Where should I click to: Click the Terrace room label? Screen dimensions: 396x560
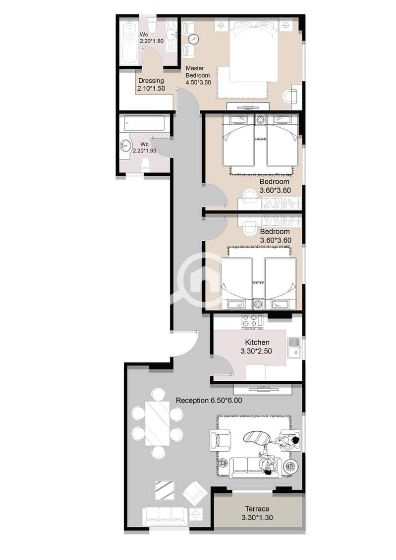tap(257, 513)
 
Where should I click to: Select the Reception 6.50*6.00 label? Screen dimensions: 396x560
tap(209, 401)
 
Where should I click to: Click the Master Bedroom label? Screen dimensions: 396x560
tap(198, 71)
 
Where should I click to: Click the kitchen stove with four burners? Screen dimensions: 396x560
tap(252, 321)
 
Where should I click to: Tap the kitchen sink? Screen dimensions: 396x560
tap(294, 348)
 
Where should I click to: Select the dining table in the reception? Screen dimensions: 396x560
tap(157, 423)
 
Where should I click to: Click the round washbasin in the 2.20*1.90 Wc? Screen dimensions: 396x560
tap(125, 146)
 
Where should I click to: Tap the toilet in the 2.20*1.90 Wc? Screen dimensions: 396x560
tap(145, 165)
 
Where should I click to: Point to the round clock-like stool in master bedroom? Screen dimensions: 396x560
tap(194, 39)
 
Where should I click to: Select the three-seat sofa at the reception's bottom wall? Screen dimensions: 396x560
tap(165, 516)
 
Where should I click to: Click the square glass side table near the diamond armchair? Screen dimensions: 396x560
tap(165, 491)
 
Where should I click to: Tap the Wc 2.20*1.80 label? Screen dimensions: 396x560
tap(152, 38)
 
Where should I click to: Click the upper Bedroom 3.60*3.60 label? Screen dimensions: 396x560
tap(275, 186)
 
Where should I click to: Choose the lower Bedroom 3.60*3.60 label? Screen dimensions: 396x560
tap(275, 236)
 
